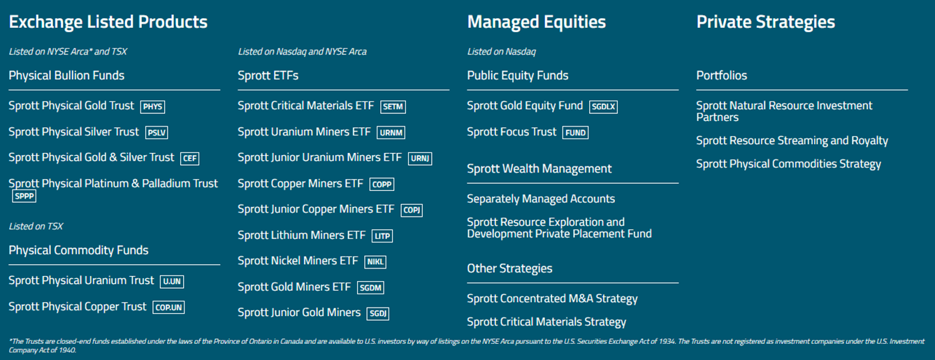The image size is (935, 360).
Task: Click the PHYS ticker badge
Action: point(152,107)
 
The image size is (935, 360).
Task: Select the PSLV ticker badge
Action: point(157,133)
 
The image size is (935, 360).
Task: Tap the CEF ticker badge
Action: point(189,159)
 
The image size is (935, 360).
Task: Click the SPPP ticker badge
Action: point(24,196)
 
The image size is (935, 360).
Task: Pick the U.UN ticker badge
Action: point(171,282)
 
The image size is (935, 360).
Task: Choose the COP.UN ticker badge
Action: point(168,308)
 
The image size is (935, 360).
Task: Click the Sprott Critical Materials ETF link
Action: point(305,106)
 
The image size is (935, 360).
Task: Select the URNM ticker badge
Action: point(391,133)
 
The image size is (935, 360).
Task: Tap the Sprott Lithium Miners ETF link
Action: point(301,235)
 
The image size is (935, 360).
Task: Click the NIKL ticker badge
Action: point(375,262)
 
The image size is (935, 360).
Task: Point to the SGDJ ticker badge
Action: point(377,314)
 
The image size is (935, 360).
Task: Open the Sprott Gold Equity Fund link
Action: point(524,106)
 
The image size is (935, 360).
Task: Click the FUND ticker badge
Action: point(576,133)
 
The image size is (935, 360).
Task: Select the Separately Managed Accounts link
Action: point(541,199)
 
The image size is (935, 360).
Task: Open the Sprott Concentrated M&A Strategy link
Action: point(552,298)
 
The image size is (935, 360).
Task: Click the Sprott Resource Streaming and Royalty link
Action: point(792,141)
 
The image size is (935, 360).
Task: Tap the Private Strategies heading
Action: point(765,22)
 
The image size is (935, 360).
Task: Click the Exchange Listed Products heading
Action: point(108,22)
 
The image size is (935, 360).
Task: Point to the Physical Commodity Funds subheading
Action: point(78,250)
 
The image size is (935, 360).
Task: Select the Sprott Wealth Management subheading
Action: point(539,168)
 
